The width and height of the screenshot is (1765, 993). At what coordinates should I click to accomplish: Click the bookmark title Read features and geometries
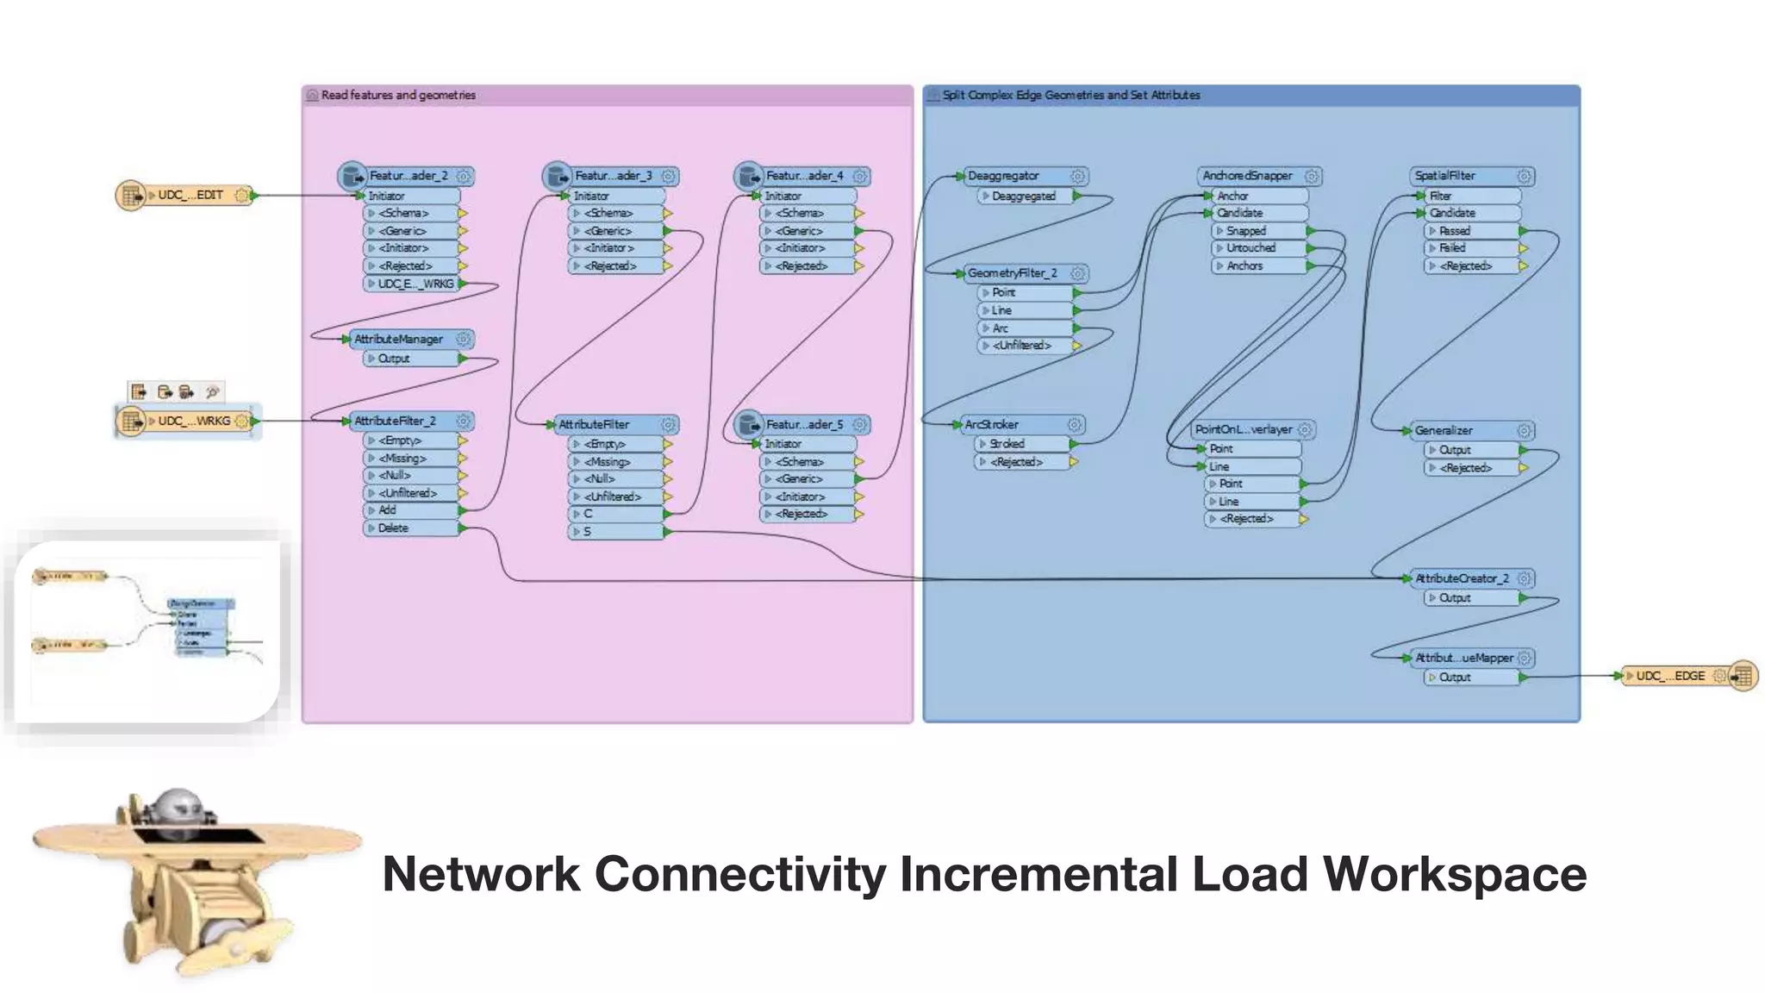coord(398,96)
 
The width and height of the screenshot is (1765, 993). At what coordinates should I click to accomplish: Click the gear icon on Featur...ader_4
coord(860,177)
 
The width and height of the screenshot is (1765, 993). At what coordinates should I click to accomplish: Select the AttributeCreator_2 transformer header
coord(1462,578)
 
